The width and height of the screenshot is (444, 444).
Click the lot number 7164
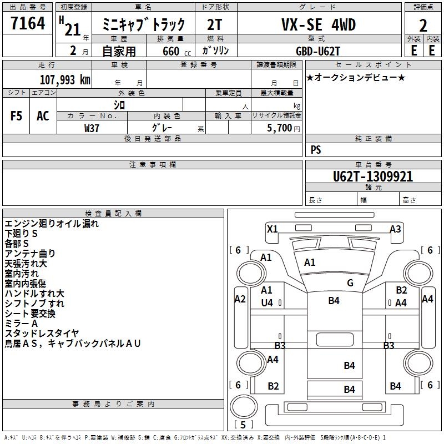pyautogui.click(x=28, y=23)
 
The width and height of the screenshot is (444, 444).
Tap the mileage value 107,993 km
pyautogui.click(x=65, y=79)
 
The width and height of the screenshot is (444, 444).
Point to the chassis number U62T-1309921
pyautogui.click(x=357, y=176)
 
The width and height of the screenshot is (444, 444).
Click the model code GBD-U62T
pyautogui.click(x=318, y=50)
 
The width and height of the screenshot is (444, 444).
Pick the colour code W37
pyautogui.click(x=92, y=128)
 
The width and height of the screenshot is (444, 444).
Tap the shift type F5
pyautogui.click(x=17, y=116)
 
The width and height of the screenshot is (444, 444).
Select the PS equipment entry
pyautogui.click(x=316, y=149)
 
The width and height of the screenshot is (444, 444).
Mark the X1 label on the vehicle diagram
pyautogui.click(x=272, y=229)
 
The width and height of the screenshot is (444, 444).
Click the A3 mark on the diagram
pyautogui.click(x=395, y=229)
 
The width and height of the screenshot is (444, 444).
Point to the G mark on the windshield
pyautogui.click(x=350, y=283)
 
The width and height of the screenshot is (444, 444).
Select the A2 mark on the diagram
pyautogui.click(x=240, y=299)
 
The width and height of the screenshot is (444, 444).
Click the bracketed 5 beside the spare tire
pyautogui.click(x=244, y=425)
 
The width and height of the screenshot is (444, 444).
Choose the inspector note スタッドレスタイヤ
pyautogui.click(x=42, y=333)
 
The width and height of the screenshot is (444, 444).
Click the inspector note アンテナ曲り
pyautogui.click(x=30, y=253)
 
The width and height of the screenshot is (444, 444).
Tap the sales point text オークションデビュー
pyautogui.click(x=355, y=77)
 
